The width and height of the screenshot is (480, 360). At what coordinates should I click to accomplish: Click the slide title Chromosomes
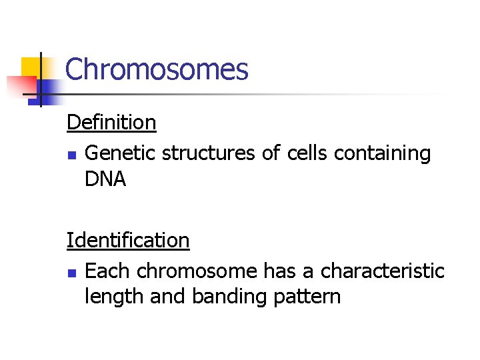tap(157, 69)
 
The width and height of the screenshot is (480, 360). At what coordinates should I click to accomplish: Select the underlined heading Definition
tap(111, 122)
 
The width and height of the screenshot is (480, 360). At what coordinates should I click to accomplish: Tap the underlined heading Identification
tap(128, 240)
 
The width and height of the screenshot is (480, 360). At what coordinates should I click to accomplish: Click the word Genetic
tap(121, 153)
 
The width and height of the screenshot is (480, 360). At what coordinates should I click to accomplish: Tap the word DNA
tap(105, 179)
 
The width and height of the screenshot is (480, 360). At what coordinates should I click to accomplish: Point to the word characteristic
tap(382, 271)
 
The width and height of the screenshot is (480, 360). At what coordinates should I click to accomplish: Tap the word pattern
tap(307, 297)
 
